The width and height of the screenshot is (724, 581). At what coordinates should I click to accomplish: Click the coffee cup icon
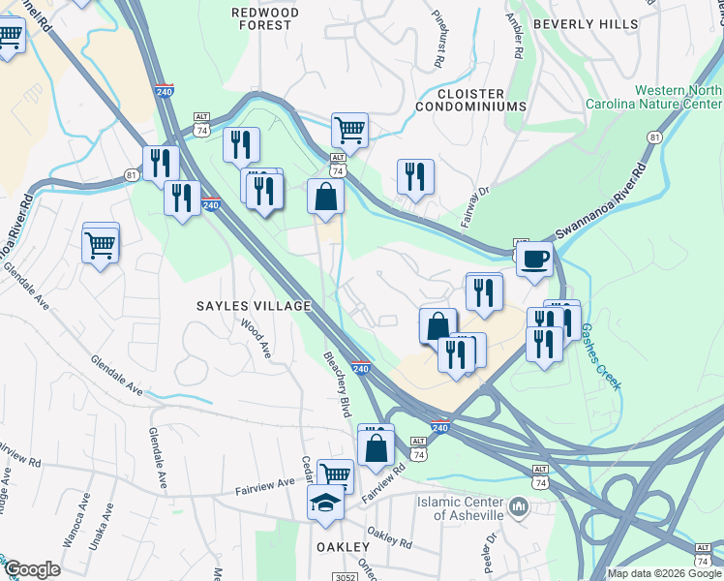tap(534, 259)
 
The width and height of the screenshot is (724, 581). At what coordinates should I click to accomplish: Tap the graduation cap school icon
tap(325, 503)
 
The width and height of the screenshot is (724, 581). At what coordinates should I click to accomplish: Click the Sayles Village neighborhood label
tap(254, 306)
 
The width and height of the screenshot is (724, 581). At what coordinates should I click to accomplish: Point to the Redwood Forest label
tap(261, 18)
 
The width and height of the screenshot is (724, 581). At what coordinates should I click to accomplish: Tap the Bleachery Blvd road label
tap(337, 384)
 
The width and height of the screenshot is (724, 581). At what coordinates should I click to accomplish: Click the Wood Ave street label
tap(256, 340)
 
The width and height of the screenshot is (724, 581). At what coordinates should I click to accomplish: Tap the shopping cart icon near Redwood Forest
tap(349, 129)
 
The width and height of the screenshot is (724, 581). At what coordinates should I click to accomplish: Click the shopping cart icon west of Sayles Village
tap(101, 245)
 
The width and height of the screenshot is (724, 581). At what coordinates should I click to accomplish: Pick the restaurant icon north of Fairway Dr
tap(415, 176)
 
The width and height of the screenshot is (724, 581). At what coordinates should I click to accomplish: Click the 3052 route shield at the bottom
tap(349, 577)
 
